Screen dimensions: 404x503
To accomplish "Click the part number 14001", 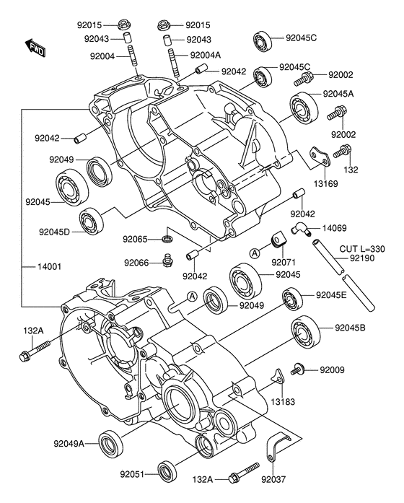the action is pos(50,266).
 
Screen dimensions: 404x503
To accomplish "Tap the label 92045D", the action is pos(54,232).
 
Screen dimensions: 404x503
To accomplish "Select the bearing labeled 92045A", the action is pos(304,108).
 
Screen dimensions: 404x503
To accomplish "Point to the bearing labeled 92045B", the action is pos(306,333).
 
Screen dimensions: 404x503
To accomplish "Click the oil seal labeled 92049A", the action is pos(110,445).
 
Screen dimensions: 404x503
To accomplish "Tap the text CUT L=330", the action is pos(362,249).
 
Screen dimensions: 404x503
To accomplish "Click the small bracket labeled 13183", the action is pos(278,376).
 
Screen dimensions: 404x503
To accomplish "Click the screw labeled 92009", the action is pos(297,369).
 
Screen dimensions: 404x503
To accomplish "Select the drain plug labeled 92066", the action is pos(167,261).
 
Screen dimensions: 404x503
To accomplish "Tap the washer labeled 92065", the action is pos(167,239).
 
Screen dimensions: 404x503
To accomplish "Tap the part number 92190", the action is pos(361,258).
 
